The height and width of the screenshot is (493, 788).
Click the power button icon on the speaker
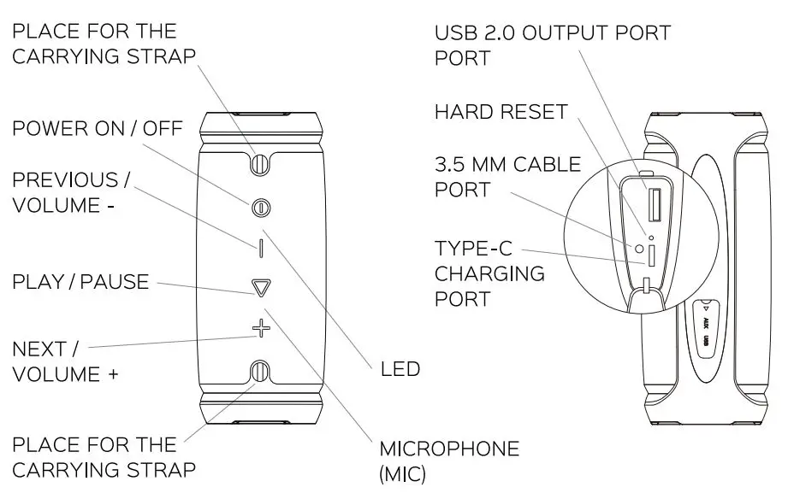click(262, 207)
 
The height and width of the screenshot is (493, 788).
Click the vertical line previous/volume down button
click(261, 248)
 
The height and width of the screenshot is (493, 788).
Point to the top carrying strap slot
click(262, 161)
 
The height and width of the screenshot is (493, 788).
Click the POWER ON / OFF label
click(97, 128)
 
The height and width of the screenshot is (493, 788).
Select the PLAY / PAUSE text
click(80, 282)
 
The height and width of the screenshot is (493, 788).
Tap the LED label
click(400, 369)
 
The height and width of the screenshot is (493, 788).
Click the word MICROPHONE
click(449, 449)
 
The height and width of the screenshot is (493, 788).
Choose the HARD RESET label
click(501, 112)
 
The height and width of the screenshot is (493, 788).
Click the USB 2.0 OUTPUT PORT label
click(552, 34)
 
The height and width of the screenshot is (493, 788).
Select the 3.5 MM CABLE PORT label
click(507, 176)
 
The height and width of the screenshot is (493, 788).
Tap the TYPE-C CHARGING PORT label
click(489, 273)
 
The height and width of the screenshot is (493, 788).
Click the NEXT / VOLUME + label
click(65, 361)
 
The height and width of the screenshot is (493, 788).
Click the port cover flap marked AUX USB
click(705, 330)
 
